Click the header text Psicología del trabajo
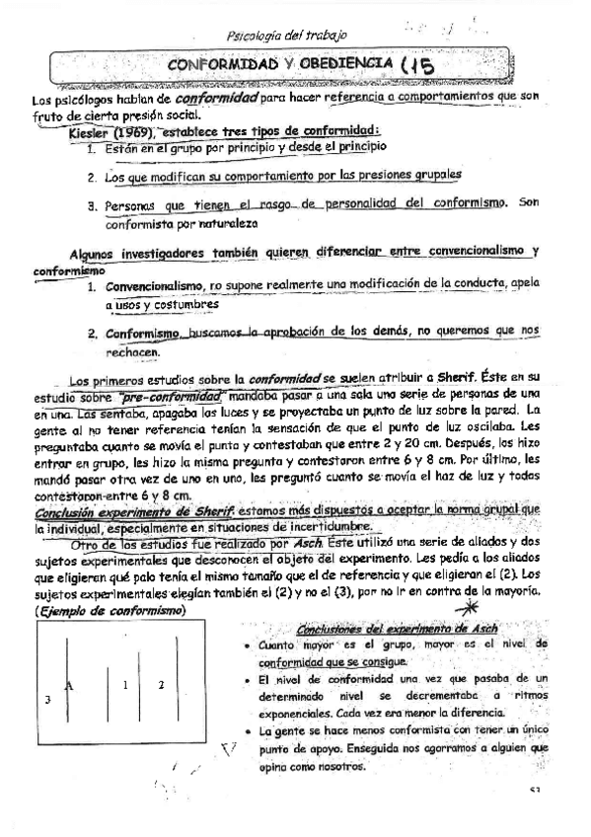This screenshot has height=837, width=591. (287, 37)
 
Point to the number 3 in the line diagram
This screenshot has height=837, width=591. (46, 699)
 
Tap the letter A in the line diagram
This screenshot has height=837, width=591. (68, 683)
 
